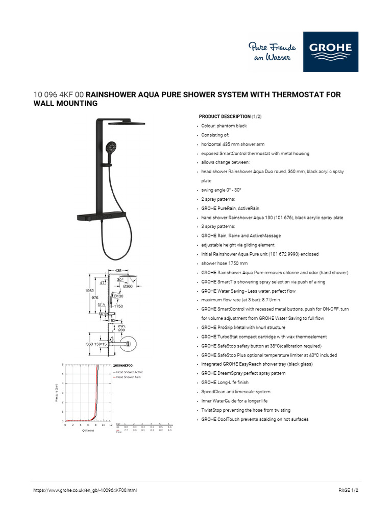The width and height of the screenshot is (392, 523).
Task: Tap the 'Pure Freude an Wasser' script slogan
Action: point(270,52)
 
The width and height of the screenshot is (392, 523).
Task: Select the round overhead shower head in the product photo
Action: point(130,124)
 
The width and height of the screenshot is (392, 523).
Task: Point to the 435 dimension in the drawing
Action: point(118,271)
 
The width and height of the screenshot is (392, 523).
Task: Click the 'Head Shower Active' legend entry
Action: point(129,372)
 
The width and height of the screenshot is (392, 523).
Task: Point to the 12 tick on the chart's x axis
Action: point(111,424)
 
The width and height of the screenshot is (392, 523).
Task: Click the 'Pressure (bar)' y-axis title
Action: point(56,393)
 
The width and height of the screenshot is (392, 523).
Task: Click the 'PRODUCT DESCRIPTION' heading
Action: point(225,116)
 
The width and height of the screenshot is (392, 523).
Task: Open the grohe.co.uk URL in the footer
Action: point(85,490)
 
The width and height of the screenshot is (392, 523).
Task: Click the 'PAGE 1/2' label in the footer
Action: point(349,490)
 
